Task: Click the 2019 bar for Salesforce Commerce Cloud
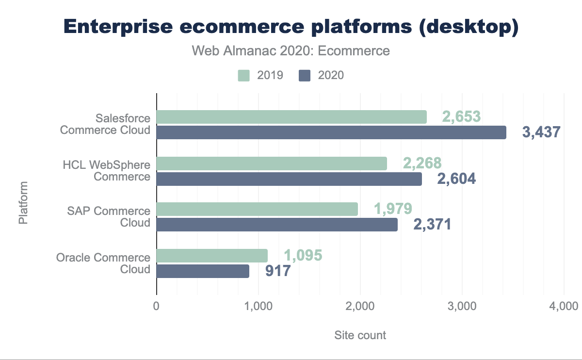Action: pyautogui.click(x=291, y=117)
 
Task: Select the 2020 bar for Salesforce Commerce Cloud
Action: pyautogui.click(x=331, y=132)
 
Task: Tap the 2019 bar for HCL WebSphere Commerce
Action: pyautogui.click(x=272, y=164)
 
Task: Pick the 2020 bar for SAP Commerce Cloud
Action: pyautogui.click(x=277, y=225)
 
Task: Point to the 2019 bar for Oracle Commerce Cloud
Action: pyautogui.click(x=212, y=256)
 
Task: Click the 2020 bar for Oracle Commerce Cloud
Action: pyautogui.click(x=203, y=271)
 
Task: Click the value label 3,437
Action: pyautogui.click(x=541, y=132)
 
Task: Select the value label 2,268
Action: pyautogui.click(x=422, y=164)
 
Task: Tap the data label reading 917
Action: pyautogui.click(x=278, y=271)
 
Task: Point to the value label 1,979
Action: pyautogui.click(x=393, y=209)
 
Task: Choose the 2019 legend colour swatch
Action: pyautogui.click(x=243, y=75)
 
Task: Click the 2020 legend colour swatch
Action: pyautogui.click(x=305, y=75)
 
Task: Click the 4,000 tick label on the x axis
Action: pyautogui.click(x=564, y=307)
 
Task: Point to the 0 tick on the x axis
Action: pyautogui.click(x=157, y=307)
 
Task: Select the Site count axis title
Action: pyautogui.click(x=360, y=335)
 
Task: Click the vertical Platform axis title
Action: pyautogui.click(x=23, y=202)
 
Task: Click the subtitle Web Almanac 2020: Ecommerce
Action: pyautogui.click(x=291, y=51)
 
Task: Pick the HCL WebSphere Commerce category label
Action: pyautogui.click(x=107, y=170)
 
